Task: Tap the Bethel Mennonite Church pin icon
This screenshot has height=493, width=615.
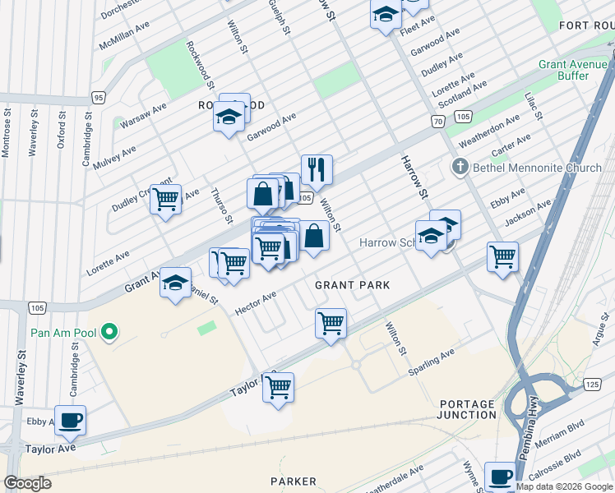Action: point(460,168)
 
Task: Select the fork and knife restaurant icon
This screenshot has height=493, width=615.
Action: point(317,170)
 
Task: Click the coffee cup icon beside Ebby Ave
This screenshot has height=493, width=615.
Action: point(70,420)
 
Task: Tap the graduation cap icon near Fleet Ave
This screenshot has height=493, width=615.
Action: point(386,15)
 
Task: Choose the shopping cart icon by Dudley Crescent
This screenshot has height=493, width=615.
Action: point(166,199)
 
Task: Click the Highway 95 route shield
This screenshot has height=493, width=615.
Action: point(99,98)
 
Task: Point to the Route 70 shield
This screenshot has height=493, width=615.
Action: point(438,121)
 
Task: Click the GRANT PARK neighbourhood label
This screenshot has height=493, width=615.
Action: point(352,284)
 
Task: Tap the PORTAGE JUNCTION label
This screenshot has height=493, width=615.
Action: point(468,409)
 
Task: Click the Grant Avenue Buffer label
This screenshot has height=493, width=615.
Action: point(575,70)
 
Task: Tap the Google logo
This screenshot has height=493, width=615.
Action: point(28,484)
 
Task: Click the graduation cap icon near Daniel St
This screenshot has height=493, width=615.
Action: point(175,283)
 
